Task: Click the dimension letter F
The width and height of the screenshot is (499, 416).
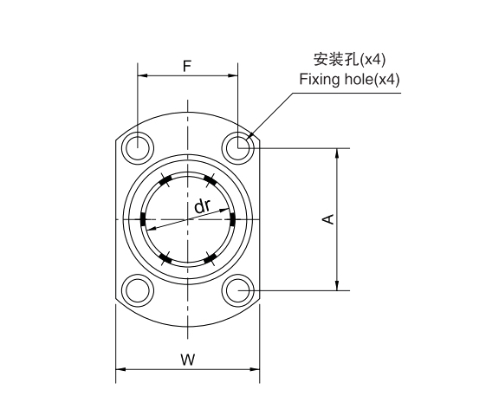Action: [x=187, y=65]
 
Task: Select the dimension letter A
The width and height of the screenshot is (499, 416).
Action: [x=328, y=219]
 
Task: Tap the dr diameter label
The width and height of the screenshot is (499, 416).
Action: [x=202, y=205]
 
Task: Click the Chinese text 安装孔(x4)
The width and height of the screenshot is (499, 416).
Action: [x=349, y=60]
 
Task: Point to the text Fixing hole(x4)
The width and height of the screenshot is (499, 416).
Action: [x=349, y=79]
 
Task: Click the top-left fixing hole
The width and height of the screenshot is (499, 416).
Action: [x=137, y=148]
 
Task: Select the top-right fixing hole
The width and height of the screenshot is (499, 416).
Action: [x=237, y=148]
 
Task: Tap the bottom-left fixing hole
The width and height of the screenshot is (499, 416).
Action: [x=137, y=289]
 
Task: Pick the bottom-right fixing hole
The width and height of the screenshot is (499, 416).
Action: [x=237, y=289]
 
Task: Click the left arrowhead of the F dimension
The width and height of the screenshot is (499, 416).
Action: [x=141, y=75]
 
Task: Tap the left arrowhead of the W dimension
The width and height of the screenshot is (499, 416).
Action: [x=120, y=370]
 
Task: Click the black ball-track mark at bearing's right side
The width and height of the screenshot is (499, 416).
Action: [x=234, y=219]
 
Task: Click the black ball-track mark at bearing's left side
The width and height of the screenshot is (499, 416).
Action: [x=141, y=219]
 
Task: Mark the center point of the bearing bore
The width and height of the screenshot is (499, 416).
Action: [x=187, y=219]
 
